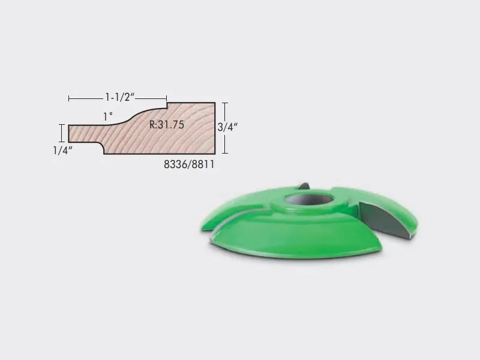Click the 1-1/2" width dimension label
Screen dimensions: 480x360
click(x=120, y=97)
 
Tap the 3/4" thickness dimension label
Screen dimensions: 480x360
click(x=227, y=127)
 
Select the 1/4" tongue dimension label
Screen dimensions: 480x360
click(x=63, y=151)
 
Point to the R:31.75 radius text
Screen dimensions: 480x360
click(x=167, y=125)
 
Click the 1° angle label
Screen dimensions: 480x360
click(x=108, y=116)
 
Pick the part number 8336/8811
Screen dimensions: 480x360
click(x=189, y=164)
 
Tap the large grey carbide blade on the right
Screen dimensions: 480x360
click(x=386, y=220)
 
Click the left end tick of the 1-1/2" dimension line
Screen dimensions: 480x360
click(x=69, y=98)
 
